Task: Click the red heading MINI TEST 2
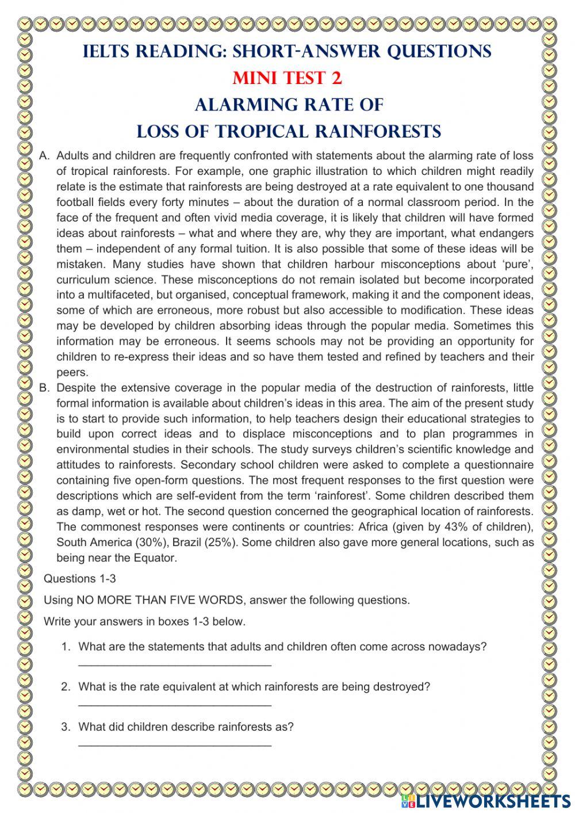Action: coord(287,78)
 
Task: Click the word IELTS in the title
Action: coord(107,51)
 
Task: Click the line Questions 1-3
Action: coord(80,579)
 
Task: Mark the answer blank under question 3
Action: coord(174,745)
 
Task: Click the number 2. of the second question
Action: coord(66,686)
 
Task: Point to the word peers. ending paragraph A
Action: coord(72,372)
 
